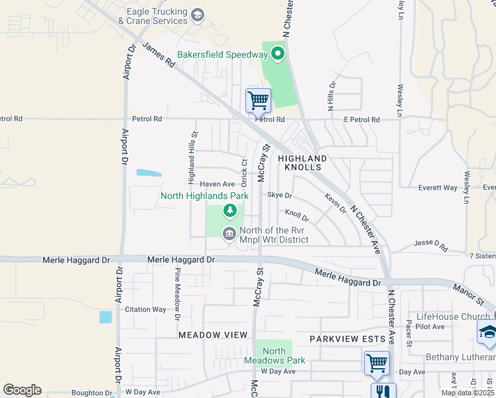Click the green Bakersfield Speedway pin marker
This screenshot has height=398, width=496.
277,54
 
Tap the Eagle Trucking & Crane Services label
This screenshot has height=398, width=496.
153,16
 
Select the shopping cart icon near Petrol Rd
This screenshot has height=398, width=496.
258,101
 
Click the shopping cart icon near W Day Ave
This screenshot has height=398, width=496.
377,364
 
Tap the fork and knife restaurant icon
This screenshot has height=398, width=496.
383,392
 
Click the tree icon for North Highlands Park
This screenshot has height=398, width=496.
229,211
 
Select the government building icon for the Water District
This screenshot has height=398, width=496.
229,233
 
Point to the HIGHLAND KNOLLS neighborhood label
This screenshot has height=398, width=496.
302,163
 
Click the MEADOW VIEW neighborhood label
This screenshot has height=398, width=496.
212,335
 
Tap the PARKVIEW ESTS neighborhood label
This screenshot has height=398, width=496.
347,339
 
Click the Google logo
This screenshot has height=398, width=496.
22,390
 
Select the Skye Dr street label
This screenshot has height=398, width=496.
279,196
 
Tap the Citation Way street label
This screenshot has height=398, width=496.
145,309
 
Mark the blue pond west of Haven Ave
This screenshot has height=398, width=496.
149,173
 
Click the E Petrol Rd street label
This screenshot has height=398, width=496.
361,120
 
